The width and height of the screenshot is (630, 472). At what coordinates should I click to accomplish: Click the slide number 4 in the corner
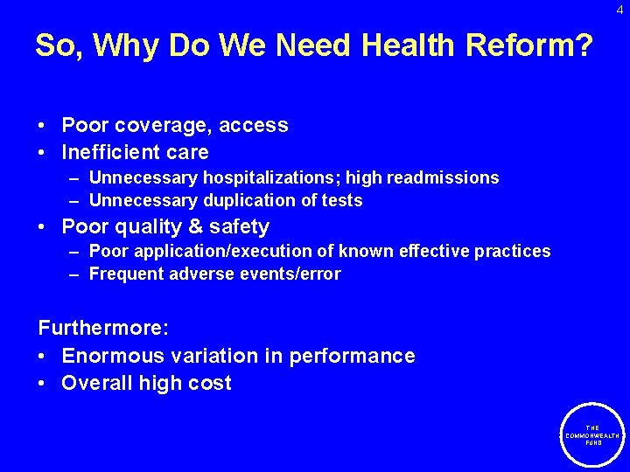619,10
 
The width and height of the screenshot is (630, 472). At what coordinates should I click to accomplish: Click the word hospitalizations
274,177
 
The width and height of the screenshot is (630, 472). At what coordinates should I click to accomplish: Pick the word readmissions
444,177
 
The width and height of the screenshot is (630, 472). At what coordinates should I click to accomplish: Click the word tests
341,200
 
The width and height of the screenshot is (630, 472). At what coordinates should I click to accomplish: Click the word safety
236,227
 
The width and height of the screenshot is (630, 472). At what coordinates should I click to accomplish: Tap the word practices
513,251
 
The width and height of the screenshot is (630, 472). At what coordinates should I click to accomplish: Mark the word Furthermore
101,329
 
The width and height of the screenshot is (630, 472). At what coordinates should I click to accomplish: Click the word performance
352,356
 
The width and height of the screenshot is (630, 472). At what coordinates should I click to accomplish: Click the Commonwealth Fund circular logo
593,434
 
